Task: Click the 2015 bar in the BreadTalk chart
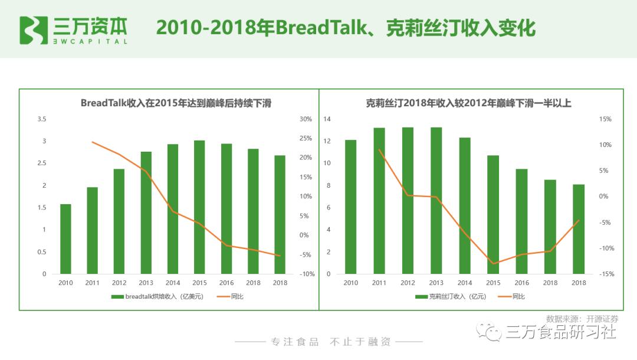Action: click(x=199, y=207)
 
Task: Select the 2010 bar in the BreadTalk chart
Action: click(x=65, y=239)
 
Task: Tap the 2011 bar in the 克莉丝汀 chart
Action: click(x=379, y=201)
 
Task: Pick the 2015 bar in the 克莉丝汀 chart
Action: click(x=492, y=214)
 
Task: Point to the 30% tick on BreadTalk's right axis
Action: click(x=306, y=119)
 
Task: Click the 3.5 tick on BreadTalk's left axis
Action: click(x=42, y=119)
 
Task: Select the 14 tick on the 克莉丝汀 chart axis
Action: click(x=327, y=119)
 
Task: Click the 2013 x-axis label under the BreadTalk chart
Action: click(x=146, y=283)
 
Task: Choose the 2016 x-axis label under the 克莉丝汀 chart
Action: click(x=521, y=283)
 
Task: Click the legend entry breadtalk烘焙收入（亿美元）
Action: click(x=158, y=296)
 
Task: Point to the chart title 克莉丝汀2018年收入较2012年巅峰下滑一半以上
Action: click(x=468, y=103)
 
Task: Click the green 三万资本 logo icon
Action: click(x=34, y=30)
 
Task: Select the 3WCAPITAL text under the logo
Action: click(x=90, y=42)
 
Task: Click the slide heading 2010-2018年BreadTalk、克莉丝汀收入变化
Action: click(x=346, y=28)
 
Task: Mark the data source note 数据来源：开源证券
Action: click(x=582, y=318)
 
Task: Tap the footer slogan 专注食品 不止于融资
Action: click(x=330, y=342)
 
